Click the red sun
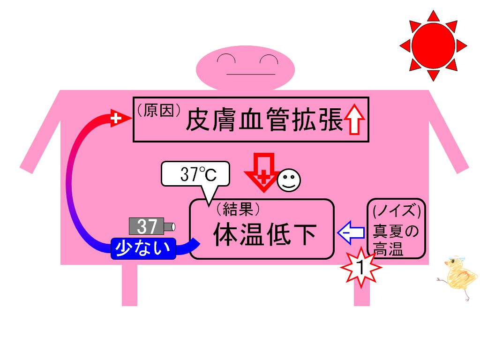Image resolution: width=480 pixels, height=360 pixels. click(433, 45)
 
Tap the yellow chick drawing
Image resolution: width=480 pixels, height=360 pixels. click(458, 277)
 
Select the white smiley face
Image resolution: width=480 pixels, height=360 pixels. click(289, 180)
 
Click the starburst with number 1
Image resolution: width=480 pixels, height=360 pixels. click(361, 267)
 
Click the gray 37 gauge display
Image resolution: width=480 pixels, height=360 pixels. click(152, 226)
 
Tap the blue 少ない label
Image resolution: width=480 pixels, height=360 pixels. click(143, 248)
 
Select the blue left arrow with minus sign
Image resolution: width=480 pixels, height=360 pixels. click(351, 232)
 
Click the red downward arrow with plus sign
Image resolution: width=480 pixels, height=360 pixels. click(263, 172)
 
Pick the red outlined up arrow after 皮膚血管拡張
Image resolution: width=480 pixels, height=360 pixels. click(354, 119)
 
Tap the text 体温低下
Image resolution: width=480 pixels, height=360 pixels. click(265, 234)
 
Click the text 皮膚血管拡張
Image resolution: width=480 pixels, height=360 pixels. click(264, 120)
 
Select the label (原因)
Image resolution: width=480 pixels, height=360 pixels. click(158, 111)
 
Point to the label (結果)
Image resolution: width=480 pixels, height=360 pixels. click(238, 209)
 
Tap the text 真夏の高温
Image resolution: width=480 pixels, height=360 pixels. click(395, 240)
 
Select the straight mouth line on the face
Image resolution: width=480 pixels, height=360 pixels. click(251, 74)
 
